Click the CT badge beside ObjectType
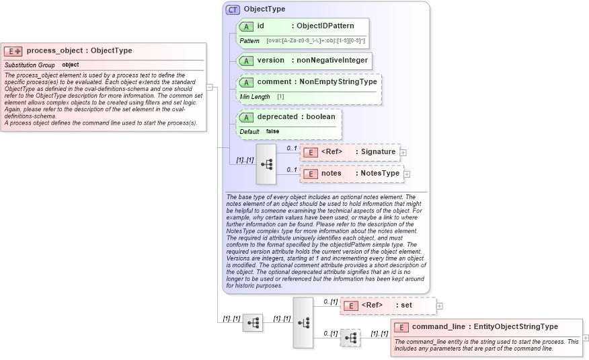(x=233, y=9)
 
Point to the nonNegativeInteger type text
(x=332, y=60)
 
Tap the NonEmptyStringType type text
(x=338, y=81)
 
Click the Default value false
(x=272, y=131)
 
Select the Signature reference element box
(x=350, y=152)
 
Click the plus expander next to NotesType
(x=407, y=174)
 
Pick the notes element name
(x=331, y=173)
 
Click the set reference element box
(x=387, y=305)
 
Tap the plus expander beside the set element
(x=440, y=305)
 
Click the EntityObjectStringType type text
(x=516, y=327)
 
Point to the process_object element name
(x=56, y=50)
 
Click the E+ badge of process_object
(x=13, y=51)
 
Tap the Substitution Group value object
(x=71, y=65)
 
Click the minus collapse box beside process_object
(x=210, y=87)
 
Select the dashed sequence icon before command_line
(x=350, y=338)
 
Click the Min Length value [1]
(x=280, y=97)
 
